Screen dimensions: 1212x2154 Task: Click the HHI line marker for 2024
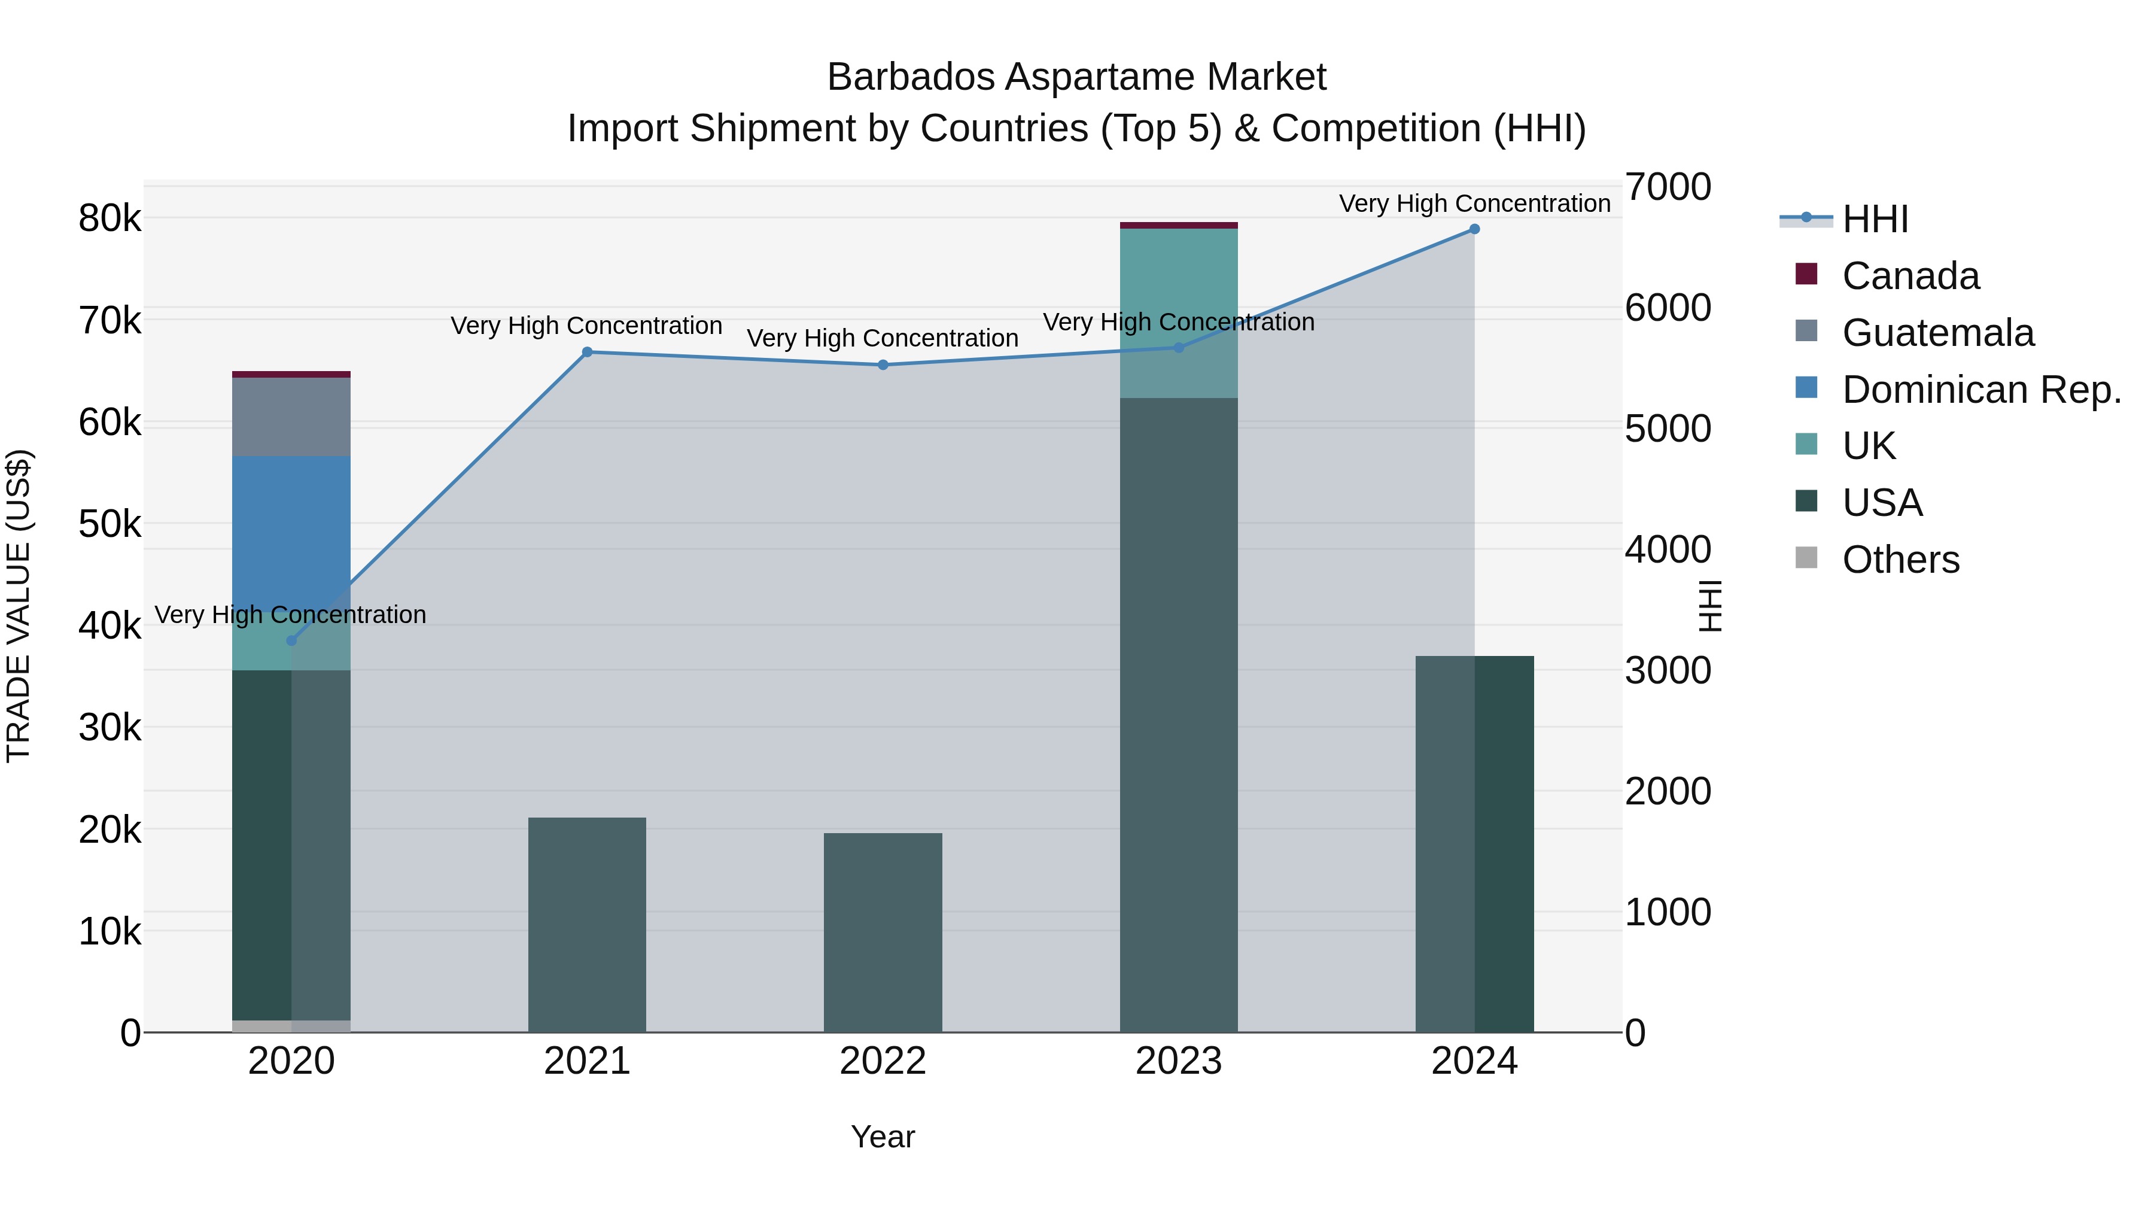point(1474,229)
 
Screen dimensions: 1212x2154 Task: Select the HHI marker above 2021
point(587,352)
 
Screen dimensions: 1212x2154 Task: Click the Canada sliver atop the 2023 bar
point(1178,225)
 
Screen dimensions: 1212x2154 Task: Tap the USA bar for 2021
point(587,924)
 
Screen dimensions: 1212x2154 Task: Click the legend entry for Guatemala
point(1937,333)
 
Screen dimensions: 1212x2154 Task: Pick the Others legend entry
point(1900,560)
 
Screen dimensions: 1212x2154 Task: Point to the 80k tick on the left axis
point(109,219)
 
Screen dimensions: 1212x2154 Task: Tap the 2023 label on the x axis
point(1178,1061)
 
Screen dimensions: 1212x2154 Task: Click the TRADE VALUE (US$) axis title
point(19,606)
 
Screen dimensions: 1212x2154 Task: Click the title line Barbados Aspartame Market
point(1076,77)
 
